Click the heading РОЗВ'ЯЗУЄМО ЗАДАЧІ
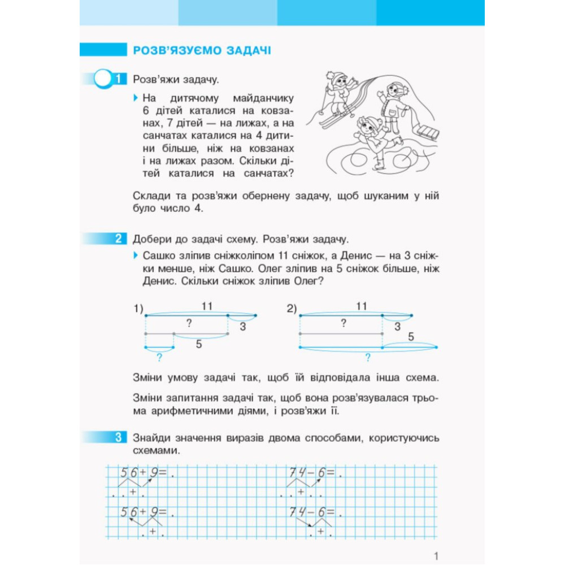[201, 50]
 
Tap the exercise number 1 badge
[118, 79]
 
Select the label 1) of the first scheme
[138, 308]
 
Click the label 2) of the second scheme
[292, 308]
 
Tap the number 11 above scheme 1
[207, 306]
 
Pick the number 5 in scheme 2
[411, 337]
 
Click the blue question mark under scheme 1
[159, 357]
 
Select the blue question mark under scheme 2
[368, 357]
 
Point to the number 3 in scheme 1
[242, 326]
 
